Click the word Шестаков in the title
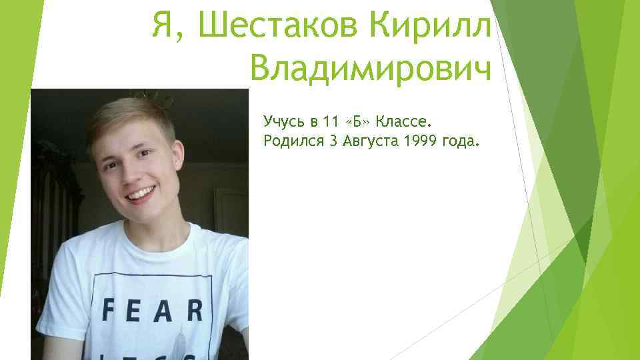[x=273, y=27]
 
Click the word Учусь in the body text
[x=283, y=121]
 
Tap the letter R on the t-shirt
[x=194, y=310]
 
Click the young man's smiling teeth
[x=141, y=195]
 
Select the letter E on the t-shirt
[x=135, y=310]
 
